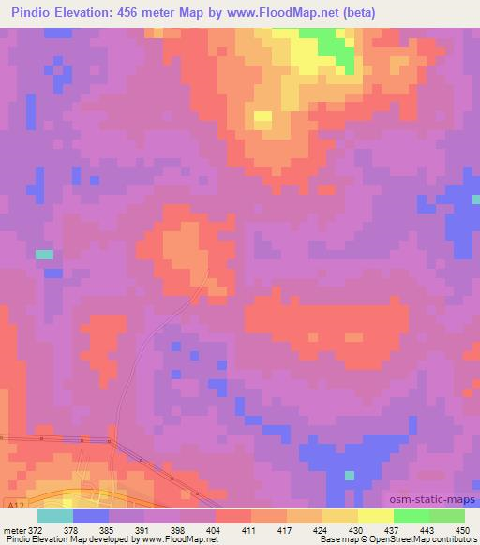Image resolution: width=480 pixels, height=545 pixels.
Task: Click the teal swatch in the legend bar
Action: pyautogui.click(x=55, y=516)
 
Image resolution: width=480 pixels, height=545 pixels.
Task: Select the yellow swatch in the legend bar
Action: pyautogui.click(x=375, y=516)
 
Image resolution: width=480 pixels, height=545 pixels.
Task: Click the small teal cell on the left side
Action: pyautogui.click(x=44, y=254)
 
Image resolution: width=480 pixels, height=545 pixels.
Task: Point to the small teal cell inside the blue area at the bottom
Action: pyautogui.click(x=349, y=476)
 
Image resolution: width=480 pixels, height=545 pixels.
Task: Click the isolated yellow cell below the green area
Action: pyautogui.click(x=262, y=118)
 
